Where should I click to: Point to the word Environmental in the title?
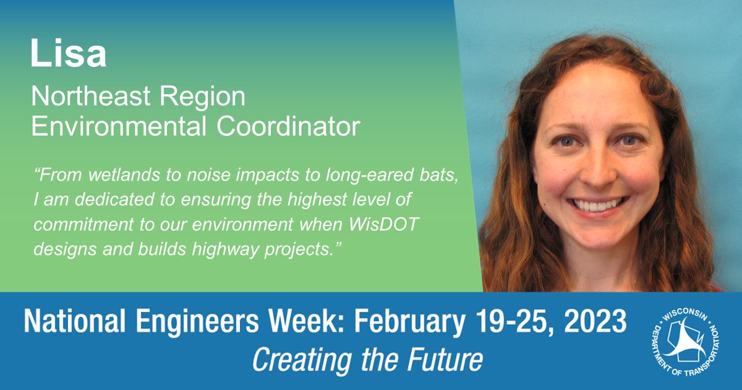pyautogui.click(x=117, y=126)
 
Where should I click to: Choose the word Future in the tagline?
pyautogui.click(x=445, y=359)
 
